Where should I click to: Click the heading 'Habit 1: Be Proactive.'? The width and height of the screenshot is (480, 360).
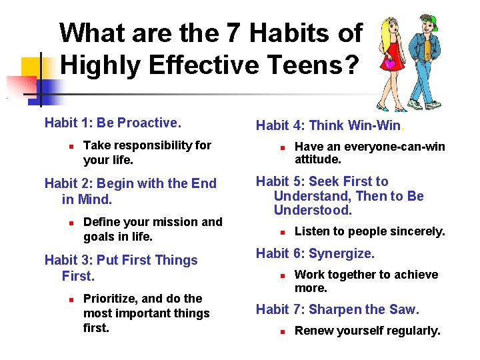[112, 123]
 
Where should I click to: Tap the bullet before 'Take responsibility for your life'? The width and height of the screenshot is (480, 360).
[69, 146]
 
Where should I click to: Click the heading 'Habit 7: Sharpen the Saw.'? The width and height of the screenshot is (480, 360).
[337, 309]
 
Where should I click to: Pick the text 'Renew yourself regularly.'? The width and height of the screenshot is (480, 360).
[367, 331]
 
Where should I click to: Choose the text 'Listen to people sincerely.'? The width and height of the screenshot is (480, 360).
[369, 231]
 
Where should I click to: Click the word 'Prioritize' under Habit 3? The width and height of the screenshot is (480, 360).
[110, 299]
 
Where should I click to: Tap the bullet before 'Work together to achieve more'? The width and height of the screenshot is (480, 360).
[282, 275]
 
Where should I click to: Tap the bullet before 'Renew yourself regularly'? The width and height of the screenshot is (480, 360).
[282, 331]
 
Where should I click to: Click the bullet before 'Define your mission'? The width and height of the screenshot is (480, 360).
[69, 223]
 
